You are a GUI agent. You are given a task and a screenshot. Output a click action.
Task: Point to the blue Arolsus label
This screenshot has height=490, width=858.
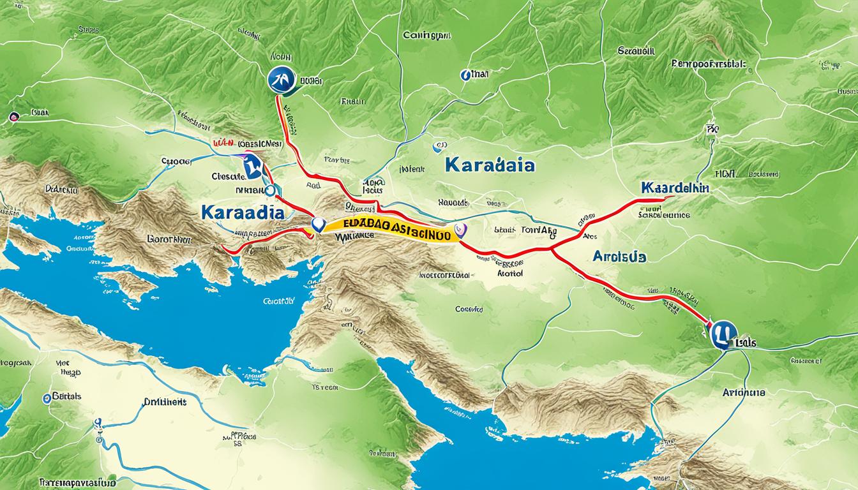point(619,256)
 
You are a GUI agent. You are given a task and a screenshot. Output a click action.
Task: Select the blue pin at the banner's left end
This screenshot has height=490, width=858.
point(317,225)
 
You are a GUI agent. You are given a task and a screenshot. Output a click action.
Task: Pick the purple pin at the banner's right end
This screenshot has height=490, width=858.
point(458,230)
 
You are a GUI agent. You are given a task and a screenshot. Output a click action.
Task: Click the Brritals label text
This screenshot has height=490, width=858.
point(66,396)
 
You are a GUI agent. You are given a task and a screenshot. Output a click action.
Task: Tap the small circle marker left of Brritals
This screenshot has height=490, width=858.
point(46,398)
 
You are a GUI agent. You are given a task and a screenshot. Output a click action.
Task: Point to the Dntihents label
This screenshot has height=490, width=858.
point(164,403)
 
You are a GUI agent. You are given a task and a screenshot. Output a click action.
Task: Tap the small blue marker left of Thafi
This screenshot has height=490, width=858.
point(464,75)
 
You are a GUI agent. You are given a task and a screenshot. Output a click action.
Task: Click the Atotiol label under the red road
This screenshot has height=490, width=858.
point(509,272)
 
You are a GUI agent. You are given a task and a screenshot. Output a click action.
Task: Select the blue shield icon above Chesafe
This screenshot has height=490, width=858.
point(253,168)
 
